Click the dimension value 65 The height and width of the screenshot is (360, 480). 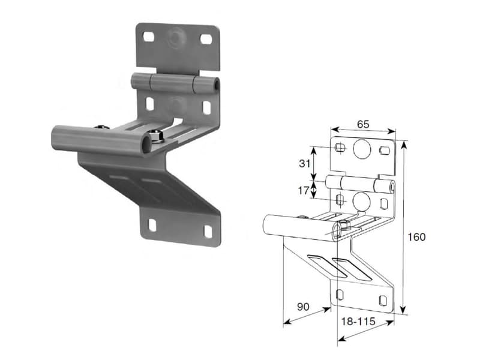(363, 124)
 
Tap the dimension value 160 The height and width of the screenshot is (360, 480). (416, 236)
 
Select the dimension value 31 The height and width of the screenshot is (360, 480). (305, 163)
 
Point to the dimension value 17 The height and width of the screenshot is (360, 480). (304, 191)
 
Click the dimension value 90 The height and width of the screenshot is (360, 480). (303, 307)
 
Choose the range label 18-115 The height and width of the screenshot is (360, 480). (358, 322)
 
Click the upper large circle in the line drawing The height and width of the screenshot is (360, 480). (362, 149)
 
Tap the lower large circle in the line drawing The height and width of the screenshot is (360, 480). (362, 200)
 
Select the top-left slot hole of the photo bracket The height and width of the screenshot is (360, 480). (149, 37)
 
